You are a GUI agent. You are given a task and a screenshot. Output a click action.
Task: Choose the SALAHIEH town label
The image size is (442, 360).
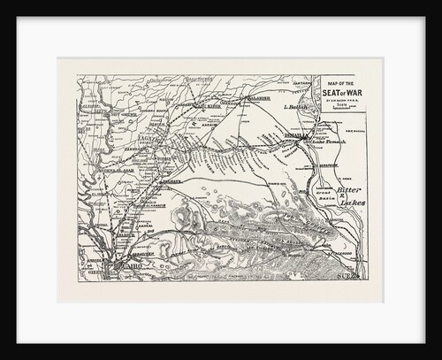pyautogui.click(x=258, y=98)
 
